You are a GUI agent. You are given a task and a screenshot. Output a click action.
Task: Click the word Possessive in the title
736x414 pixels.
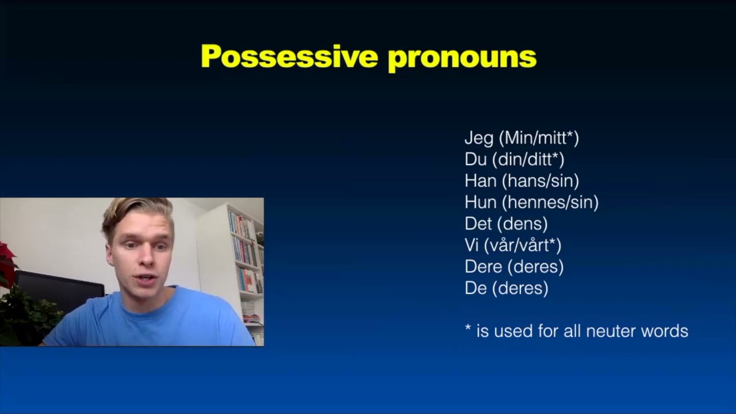(x=289, y=57)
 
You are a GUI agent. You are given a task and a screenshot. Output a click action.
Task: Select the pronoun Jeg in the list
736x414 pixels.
(x=479, y=139)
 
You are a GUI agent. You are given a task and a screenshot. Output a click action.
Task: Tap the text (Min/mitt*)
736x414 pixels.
(x=539, y=139)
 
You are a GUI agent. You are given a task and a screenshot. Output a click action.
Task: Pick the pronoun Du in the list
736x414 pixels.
(x=475, y=159)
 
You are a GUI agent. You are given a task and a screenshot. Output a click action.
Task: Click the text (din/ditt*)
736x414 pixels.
(x=528, y=159)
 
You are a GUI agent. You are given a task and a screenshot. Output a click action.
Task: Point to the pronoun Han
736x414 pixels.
(x=480, y=181)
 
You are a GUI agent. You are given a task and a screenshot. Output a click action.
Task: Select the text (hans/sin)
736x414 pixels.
(x=540, y=181)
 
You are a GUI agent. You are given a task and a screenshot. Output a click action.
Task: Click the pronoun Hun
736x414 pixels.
(x=480, y=202)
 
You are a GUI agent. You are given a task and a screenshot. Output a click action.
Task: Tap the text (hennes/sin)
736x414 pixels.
(x=550, y=202)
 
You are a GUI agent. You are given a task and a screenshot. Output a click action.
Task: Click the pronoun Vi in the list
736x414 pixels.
(x=471, y=246)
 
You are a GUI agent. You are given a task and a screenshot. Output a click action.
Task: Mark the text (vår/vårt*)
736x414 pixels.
(x=523, y=246)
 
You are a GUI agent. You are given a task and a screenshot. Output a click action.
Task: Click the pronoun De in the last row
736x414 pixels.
(x=476, y=288)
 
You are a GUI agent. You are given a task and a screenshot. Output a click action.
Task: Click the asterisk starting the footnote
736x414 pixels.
(x=468, y=329)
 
